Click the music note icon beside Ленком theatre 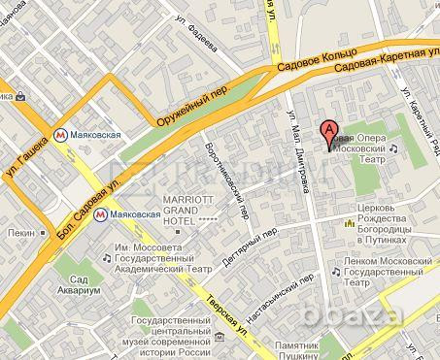[336, 273]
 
